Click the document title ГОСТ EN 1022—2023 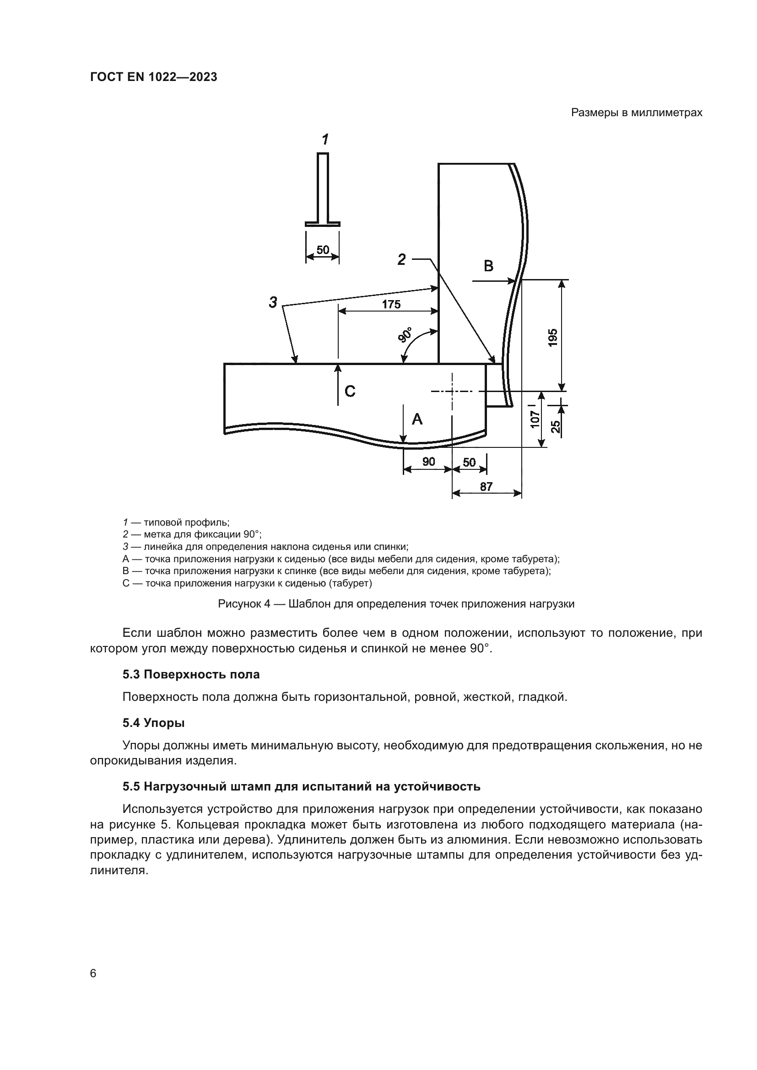pos(153,77)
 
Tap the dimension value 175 pos(391,304)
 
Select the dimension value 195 pos(552,338)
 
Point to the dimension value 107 pos(535,419)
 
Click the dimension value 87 pos(486,487)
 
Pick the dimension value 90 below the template pos(428,462)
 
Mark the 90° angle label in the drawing pos(406,335)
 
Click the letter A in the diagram pos(417,419)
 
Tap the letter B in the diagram pos(488,266)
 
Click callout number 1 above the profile pos(325,140)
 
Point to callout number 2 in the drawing pos(401,259)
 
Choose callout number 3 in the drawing pos(273,302)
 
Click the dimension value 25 pos(556,426)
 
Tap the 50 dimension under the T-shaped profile pos(323,250)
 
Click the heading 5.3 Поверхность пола pos(191,674)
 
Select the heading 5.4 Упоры pos(153,723)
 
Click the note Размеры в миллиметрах pos(636,113)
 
